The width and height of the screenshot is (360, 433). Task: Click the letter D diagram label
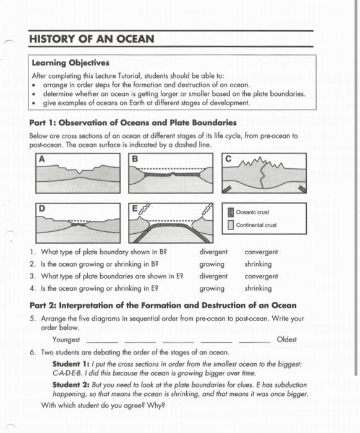pos(42,208)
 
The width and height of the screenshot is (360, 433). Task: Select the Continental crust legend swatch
pos(231,225)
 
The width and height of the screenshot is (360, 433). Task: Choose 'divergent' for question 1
pos(213,252)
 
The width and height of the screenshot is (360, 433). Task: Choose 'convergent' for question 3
pos(261,277)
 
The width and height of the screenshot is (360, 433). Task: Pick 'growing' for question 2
pos(212,264)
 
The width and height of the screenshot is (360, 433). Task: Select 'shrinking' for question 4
pos(258,288)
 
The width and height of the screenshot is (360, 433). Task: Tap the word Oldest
pos(287,340)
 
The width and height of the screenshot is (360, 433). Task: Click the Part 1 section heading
pos(129,122)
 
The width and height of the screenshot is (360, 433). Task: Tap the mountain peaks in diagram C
pos(265,164)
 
